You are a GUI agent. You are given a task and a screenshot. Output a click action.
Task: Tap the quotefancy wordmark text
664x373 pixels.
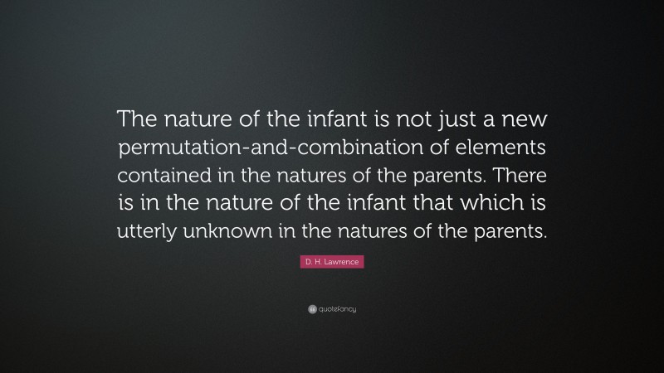pos(337,309)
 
